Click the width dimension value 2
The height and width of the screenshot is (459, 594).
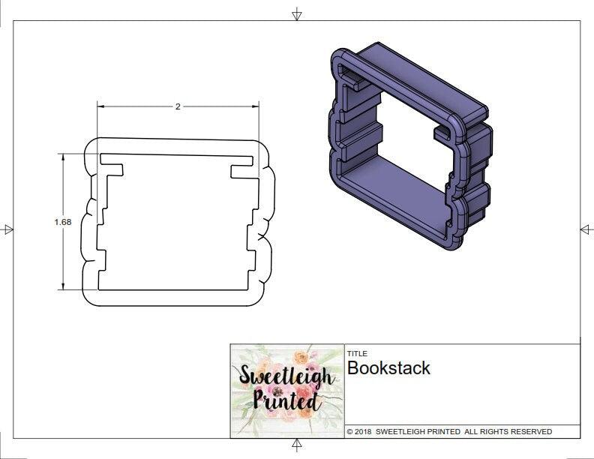click(178, 106)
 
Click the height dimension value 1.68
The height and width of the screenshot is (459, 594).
click(63, 222)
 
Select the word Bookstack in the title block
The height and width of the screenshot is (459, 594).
click(388, 368)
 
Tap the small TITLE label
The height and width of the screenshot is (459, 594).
click(357, 353)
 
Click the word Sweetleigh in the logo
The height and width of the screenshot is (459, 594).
click(286, 375)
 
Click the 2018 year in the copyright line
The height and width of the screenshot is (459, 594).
click(363, 432)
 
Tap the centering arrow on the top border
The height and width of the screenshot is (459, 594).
click(297, 14)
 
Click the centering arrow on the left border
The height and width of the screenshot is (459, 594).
click(8, 229)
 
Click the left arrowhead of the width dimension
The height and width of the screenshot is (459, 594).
click(100, 106)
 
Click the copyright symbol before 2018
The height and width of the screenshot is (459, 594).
click(349, 432)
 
